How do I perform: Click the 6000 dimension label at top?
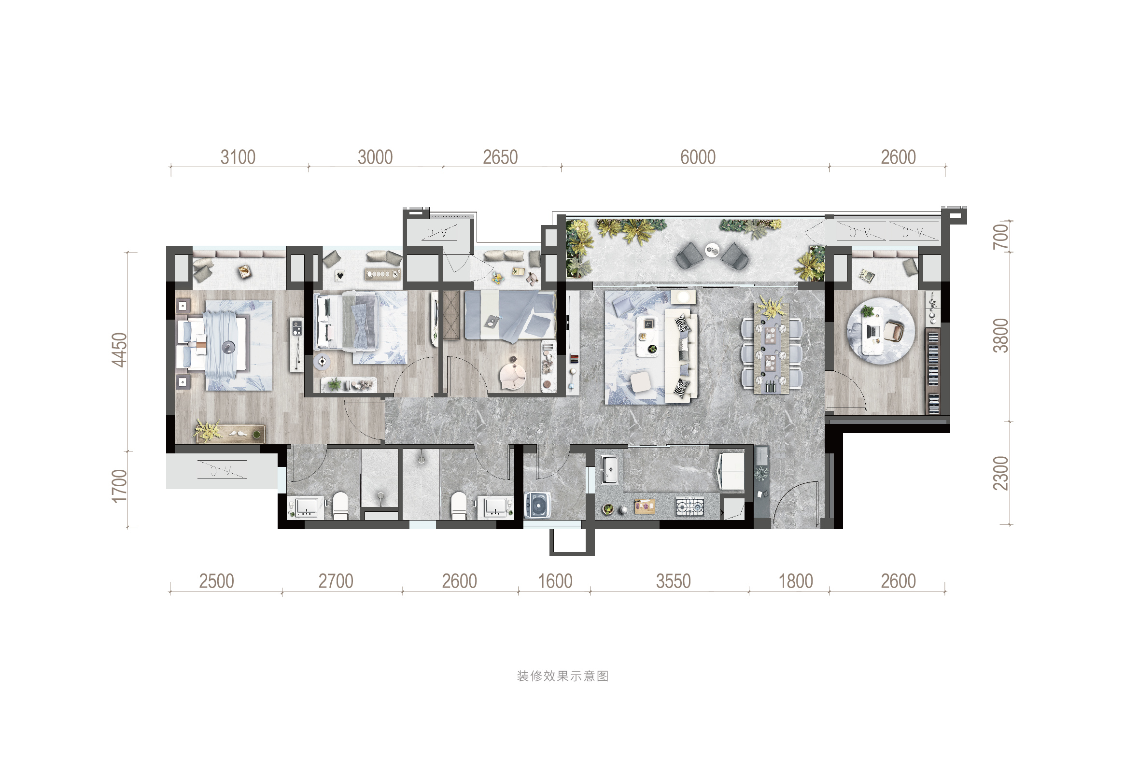coord(698,157)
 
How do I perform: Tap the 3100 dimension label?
coord(238,157)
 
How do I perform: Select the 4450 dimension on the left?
coord(119,350)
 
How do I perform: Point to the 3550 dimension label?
coord(674,581)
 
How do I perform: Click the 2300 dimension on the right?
coord(1000,473)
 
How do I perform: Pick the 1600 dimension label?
coord(555,581)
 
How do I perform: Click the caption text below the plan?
coord(562,676)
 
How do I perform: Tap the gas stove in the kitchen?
coord(689,507)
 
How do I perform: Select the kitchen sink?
coord(609,469)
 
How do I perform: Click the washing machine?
coord(538,505)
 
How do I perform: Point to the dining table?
coord(772,349)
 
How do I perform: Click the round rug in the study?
coord(881,332)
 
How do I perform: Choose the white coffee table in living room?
coord(647,337)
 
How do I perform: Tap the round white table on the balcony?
coord(712,249)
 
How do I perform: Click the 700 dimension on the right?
coord(1000,237)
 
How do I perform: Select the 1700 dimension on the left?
coord(119,486)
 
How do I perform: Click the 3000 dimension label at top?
coord(375,157)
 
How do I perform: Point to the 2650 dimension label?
coord(501,157)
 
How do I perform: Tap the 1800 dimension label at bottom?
coord(796,581)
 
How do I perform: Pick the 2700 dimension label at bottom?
coord(336,581)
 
